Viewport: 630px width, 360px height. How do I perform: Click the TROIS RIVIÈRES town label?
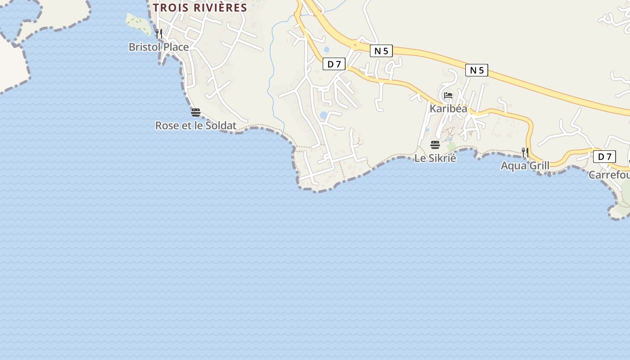tap(200, 8)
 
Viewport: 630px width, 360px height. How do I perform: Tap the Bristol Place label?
tap(158, 47)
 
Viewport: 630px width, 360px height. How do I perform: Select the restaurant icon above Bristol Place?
tap(158, 33)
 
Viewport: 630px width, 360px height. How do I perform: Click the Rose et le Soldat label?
tap(196, 126)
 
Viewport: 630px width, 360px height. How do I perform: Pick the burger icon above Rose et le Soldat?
tap(195, 112)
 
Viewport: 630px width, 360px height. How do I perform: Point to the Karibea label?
tap(448, 108)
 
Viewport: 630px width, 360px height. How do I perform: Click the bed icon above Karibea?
tap(448, 95)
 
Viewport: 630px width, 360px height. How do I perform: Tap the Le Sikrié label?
tap(435, 158)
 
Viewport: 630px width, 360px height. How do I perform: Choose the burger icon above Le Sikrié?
tap(435, 145)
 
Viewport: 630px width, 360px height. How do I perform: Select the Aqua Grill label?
tap(525, 166)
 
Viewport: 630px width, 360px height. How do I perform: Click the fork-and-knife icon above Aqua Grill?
tap(525, 152)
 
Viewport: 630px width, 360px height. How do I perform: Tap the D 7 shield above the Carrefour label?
tap(604, 157)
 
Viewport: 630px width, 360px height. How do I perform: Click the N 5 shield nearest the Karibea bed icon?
tap(477, 70)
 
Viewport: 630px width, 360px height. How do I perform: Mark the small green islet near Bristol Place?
tap(139, 24)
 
